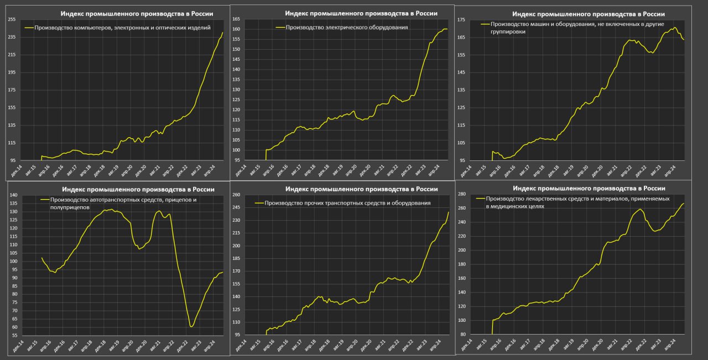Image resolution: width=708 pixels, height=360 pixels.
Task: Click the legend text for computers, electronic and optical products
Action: (x=122, y=27)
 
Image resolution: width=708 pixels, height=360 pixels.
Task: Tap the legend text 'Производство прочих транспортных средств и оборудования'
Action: (x=347, y=203)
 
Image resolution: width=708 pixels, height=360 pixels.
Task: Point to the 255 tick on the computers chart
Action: (x=12, y=19)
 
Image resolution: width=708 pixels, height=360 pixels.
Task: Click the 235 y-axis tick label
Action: (x=12, y=37)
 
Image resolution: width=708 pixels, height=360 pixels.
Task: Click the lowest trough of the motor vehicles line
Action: (x=191, y=327)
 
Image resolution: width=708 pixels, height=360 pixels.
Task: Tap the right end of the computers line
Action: (x=223, y=32)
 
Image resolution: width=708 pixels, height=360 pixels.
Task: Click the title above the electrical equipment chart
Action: (x=361, y=13)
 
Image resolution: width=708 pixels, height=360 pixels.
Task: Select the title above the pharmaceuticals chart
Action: (x=589, y=189)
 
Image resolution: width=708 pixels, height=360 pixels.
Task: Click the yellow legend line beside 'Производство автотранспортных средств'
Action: (x=45, y=200)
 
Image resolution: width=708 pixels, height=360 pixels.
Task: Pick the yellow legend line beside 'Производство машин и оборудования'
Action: (x=485, y=24)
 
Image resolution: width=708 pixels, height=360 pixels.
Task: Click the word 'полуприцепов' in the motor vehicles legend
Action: (x=70, y=207)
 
